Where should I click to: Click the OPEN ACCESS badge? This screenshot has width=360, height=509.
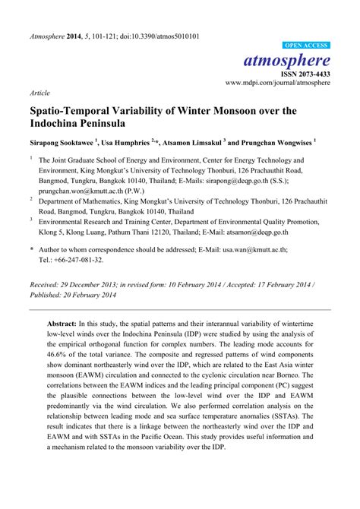click(305, 46)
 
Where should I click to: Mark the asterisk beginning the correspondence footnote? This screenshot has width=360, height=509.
click(32, 249)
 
